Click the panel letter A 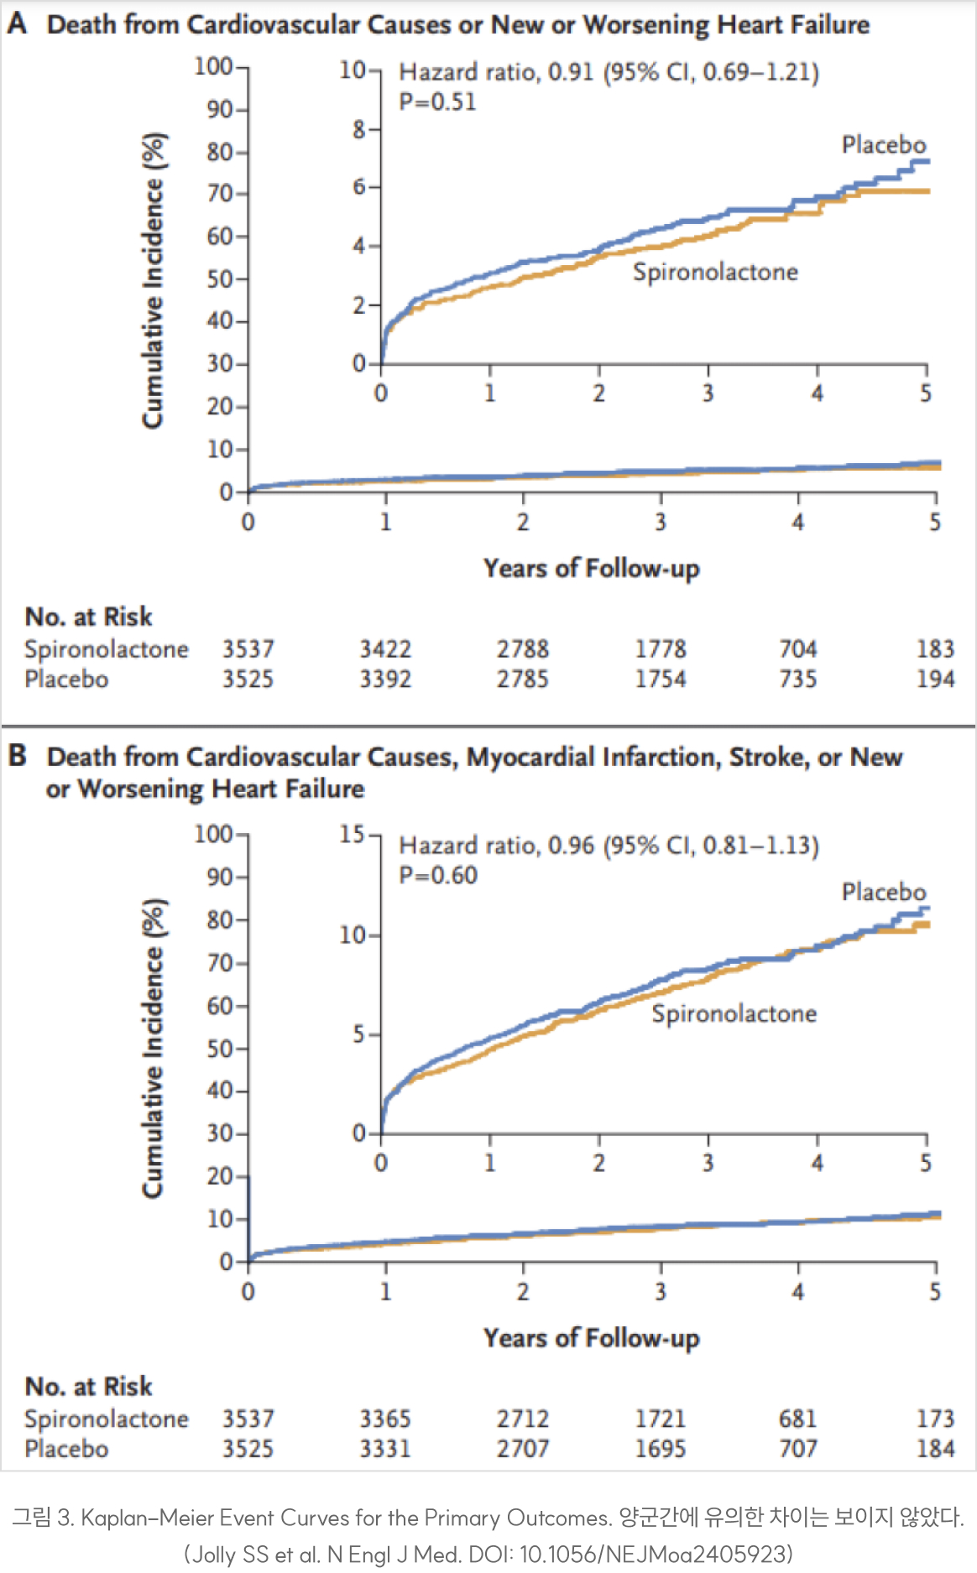click(x=17, y=23)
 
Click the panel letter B click(x=17, y=755)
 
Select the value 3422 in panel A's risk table click(x=385, y=648)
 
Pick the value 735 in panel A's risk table click(x=797, y=679)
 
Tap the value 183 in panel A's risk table click(x=935, y=648)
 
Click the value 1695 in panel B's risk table click(x=660, y=1449)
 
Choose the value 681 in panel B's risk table click(x=797, y=1419)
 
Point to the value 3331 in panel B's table click(x=385, y=1449)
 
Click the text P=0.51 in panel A click(x=437, y=102)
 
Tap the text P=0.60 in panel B click(x=438, y=875)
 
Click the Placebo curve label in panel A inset click(x=883, y=144)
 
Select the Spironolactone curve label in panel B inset click(x=734, y=1013)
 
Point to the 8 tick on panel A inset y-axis click(x=359, y=130)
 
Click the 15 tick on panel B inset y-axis click(x=352, y=834)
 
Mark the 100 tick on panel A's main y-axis click(x=213, y=66)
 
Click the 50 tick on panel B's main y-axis click(x=220, y=1048)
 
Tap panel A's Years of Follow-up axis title click(x=591, y=568)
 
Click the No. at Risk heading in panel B click(x=88, y=1386)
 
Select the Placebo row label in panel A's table click(x=66, y=679)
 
